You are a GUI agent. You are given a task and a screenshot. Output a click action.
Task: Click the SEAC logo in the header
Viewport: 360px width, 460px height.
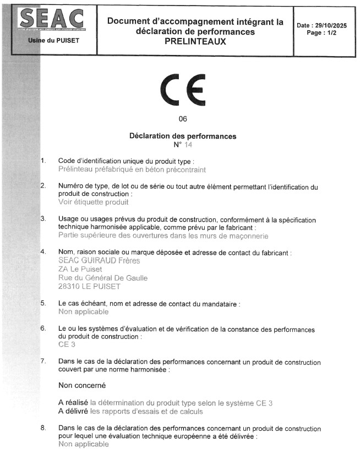tap(52, 19)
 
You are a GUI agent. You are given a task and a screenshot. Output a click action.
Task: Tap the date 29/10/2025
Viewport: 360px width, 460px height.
tap(331, 25)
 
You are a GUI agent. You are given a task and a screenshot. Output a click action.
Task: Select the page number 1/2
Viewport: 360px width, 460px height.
tap(329, 33)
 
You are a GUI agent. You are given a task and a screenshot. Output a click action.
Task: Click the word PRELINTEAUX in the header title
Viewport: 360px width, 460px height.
tap(195, 41)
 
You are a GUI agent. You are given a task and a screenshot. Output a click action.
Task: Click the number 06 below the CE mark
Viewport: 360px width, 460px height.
tap(183, 119)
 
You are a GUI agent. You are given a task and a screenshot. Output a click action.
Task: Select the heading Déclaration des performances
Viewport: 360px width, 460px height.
tap(182, 136)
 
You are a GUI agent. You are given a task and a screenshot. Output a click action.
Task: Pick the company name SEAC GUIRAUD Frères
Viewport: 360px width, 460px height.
tap(99, 261)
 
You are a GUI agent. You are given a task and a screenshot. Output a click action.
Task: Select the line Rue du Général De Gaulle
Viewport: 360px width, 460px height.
tap(102, 278)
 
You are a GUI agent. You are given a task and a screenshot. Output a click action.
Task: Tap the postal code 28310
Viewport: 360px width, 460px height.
tap(69, 287)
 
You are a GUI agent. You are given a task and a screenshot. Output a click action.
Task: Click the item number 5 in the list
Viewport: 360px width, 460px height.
tap(43, 303)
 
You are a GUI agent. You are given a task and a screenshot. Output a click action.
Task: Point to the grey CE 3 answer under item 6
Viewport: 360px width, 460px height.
tap(67, 344)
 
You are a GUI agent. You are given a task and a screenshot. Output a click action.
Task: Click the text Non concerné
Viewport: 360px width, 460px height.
tap(81, 386)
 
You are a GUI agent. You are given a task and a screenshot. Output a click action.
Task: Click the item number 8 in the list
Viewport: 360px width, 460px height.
tap(43, 428)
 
